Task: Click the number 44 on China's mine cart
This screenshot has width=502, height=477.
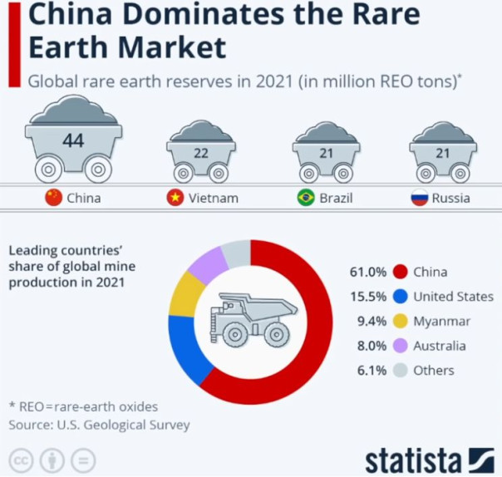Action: pyautogui.click(x=73, y=140)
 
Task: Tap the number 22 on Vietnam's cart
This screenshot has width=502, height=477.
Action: pyautogui.click(x=200, y=153)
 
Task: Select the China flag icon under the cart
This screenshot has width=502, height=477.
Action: pyautogui.click(x=54, y=198)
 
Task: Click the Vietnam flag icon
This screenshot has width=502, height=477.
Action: pyautogui.click(x=175, y=198)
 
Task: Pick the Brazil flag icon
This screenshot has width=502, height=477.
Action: pyautogui.click(x=306, y=198)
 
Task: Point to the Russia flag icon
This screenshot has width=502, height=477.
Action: pyautogui.click(x=420, y=198)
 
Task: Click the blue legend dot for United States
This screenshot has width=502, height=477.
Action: pyautogui.click(x=401, y=297)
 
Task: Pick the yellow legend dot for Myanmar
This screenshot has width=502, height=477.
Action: pyautogui.click(x=401, y=321)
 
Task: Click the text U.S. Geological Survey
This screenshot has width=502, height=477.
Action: pyautogui.click(x=123, y=425)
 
